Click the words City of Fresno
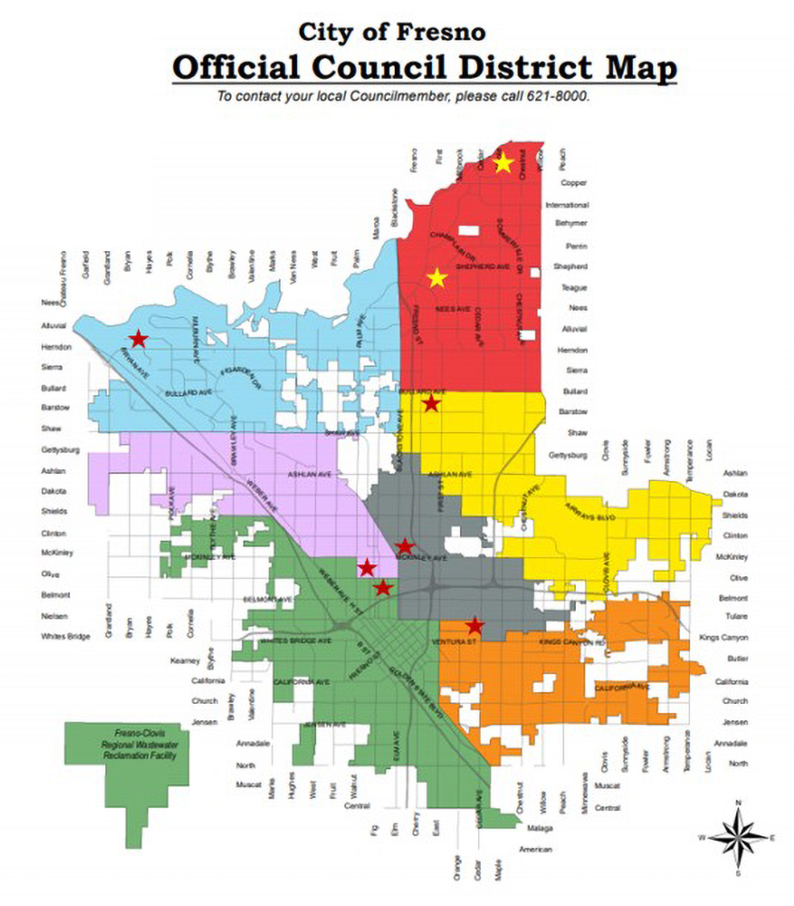pyautogui.click(x=391, y=33)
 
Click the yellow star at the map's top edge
pyautogui.click(x=503, y=163)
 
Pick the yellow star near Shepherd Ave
pyautogui.click(x=437, y=277)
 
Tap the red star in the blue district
pyautogui.click(x=138, y=339)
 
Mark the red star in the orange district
pyautogui.click(x=474, y=625)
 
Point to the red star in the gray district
pyautogui.click(x=405, y=546)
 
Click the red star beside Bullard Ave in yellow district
pyautogui.click(x=431, y=402)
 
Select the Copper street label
pyautogui.click(x=574, y=183)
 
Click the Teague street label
pyautogui.click(x=574, y=288)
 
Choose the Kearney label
pyautogui.click(x=186, y=660)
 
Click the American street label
pyautogui.click(x=535, y=849)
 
